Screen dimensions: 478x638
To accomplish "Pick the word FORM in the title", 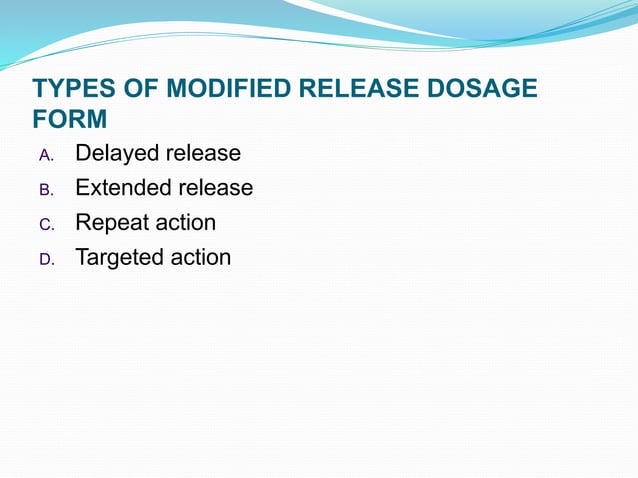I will (x=69, y=120).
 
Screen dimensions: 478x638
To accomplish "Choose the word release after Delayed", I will (x=203, y=154).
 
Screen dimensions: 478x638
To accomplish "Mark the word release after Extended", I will (x=215, y=188).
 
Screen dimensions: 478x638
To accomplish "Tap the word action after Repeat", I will (x=184, y=222).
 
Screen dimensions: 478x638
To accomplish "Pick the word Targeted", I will (x=118, y=258).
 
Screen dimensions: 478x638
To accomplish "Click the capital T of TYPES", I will (x=40, y=90).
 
